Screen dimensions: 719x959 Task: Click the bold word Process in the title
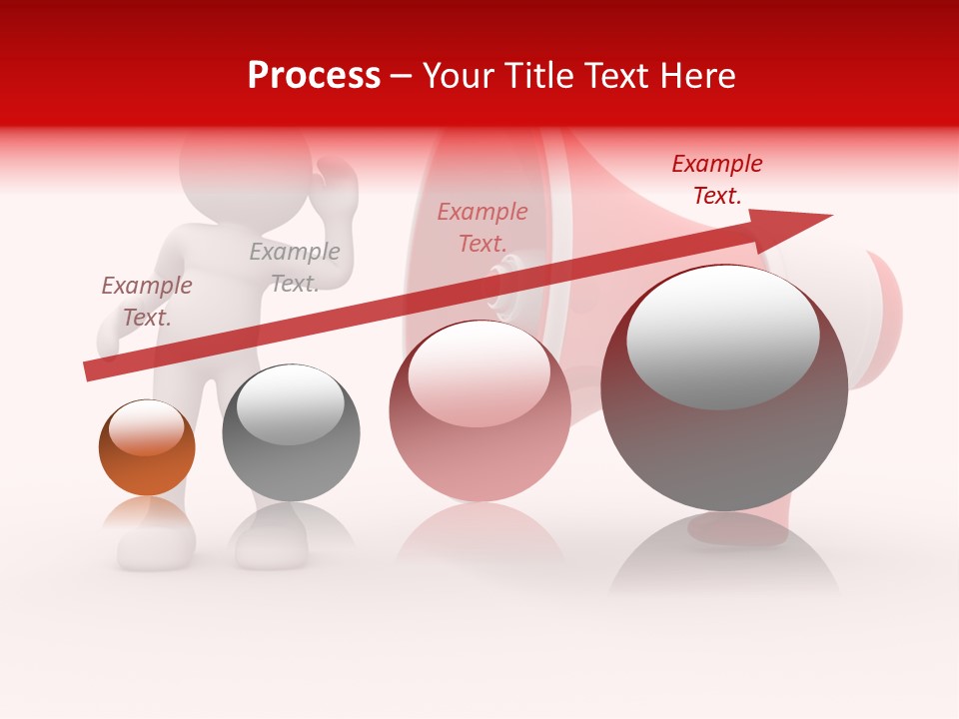point(314,75)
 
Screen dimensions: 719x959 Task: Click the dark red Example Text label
point(717,180)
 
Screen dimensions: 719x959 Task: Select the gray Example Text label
point(295,268)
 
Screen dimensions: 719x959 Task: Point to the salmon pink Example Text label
point(482,228)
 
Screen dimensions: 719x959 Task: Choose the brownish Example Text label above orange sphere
point(147,302)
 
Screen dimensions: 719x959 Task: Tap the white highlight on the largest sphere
point(722,338)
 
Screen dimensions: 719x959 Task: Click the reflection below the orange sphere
point(148,519)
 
